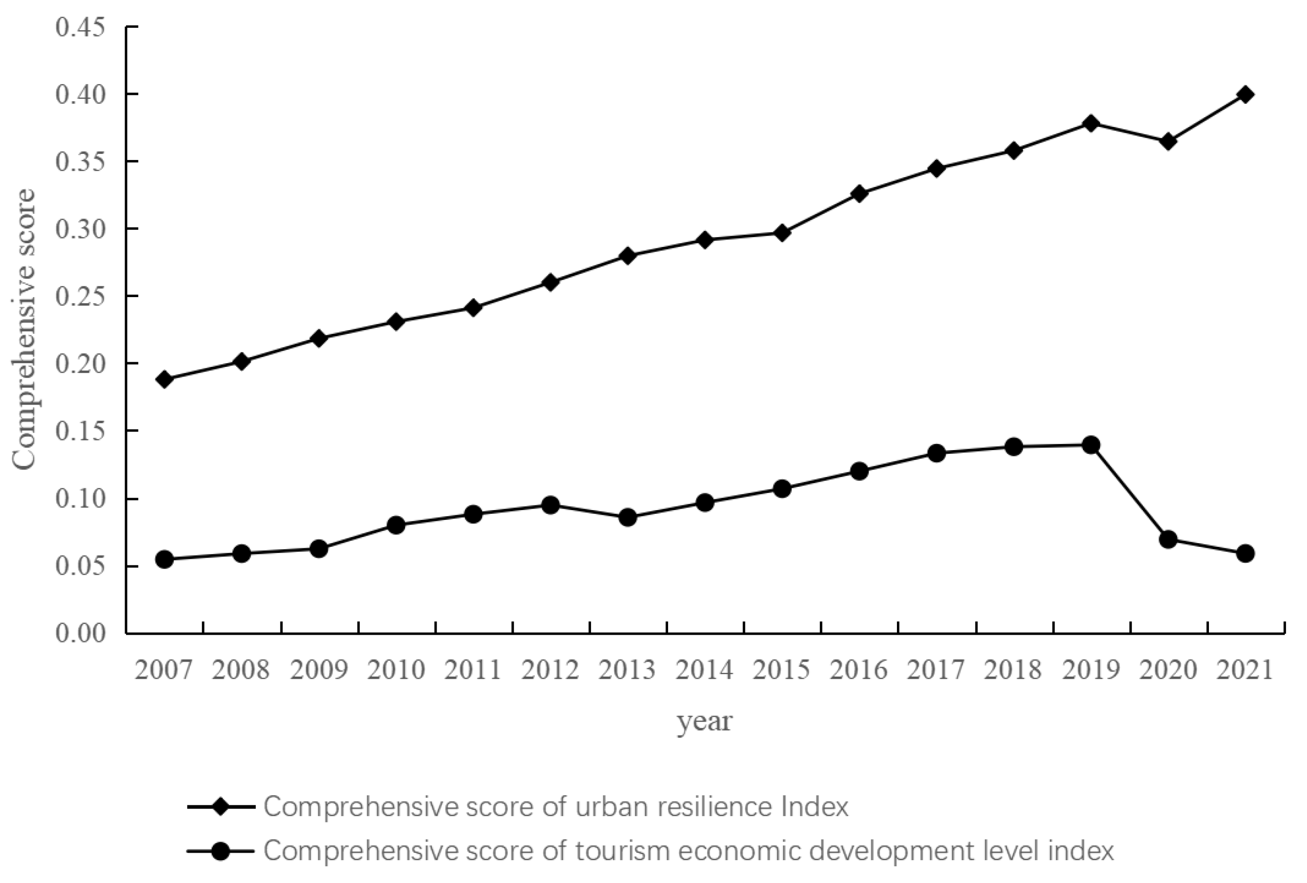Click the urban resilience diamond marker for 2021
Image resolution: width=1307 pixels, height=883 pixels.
(x=1245, y=94)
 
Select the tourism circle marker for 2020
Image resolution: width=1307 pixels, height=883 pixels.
(x=1168, y=539)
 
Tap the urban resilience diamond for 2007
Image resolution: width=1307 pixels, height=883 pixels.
(x=164, y=379)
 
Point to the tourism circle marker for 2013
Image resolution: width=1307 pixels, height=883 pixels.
(x=628, y=518)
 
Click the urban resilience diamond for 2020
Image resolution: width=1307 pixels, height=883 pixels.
(x=1168, y=141)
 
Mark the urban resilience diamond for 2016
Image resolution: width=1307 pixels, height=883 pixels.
(x=859, y=193)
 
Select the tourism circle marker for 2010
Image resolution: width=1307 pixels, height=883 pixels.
(x=396, y=525)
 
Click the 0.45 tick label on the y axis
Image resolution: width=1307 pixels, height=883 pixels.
(x=80, y=27)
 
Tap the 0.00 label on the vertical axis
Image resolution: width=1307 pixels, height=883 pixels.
(x=80, y=633)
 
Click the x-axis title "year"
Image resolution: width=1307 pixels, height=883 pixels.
(x=704, y=722)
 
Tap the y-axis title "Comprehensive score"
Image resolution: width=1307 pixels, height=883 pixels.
(x=24, y=329)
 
